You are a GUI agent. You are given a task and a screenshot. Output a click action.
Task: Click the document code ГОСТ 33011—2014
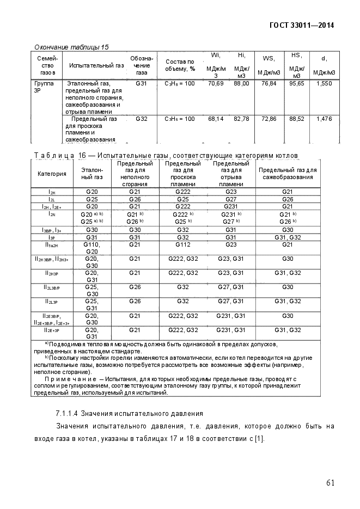tap(301, 25)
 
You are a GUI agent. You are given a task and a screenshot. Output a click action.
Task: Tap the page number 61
tap(331, 483)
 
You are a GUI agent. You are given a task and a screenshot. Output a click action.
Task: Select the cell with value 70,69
tap(216, 84)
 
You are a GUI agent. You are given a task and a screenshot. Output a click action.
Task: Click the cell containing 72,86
tap(269, 118)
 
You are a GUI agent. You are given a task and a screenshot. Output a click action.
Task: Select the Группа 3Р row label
tap(44, 88)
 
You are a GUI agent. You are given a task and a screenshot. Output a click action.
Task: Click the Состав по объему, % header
tap(179, 65)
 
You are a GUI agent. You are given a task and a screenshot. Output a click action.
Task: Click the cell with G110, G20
tap(91, 248)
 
